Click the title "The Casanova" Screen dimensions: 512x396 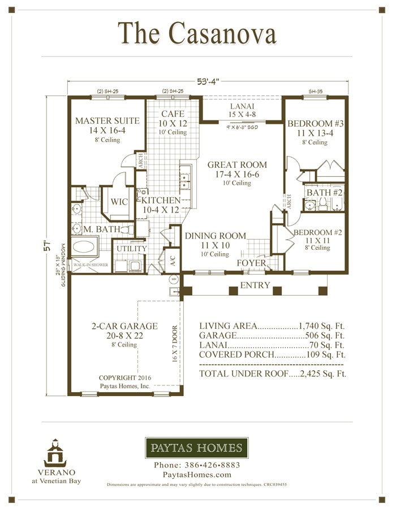click(197, 33)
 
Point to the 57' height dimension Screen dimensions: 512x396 click(50, 247)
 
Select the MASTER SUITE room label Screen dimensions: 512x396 click(107, 121)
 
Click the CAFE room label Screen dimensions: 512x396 click(173, 114)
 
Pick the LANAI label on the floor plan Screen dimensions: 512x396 click(242, 106)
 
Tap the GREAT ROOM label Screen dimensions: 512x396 click(237, 165)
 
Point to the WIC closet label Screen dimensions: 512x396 click(119, 202)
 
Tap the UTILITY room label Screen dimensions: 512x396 click(131, 249)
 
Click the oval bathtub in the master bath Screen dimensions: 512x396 click(85, 248)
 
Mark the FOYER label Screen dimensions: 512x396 click(252, 263)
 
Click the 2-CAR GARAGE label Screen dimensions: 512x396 click(124, 326)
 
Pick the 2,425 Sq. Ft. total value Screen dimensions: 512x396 click(322, 374)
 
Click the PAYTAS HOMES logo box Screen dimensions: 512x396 click(196, 449)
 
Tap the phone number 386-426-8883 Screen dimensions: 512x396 click(197, 465)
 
